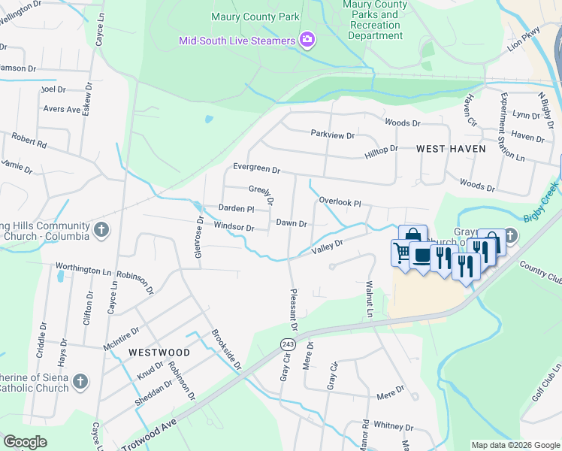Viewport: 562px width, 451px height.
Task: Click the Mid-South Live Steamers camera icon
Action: (307, 40)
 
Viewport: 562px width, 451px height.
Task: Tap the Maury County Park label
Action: (245, 17)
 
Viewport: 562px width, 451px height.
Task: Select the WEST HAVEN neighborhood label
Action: (451, 149)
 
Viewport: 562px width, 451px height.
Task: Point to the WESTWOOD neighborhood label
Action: (159, 352)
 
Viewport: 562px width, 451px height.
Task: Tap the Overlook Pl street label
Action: (340, 202)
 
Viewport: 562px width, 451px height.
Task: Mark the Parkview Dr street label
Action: (333, 134)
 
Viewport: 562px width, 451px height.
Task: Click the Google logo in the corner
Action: (26, 442)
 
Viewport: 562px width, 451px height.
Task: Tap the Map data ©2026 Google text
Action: (515, 445)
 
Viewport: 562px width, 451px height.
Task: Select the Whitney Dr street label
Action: (388, 425)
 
